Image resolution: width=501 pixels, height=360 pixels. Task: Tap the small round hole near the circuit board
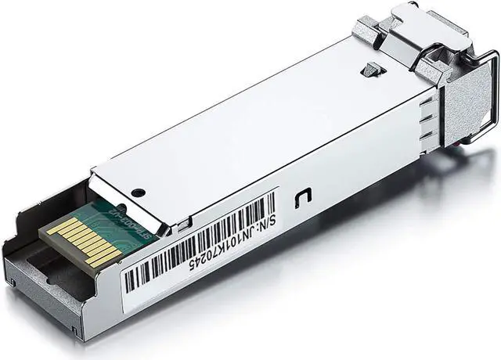pos(139,193)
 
